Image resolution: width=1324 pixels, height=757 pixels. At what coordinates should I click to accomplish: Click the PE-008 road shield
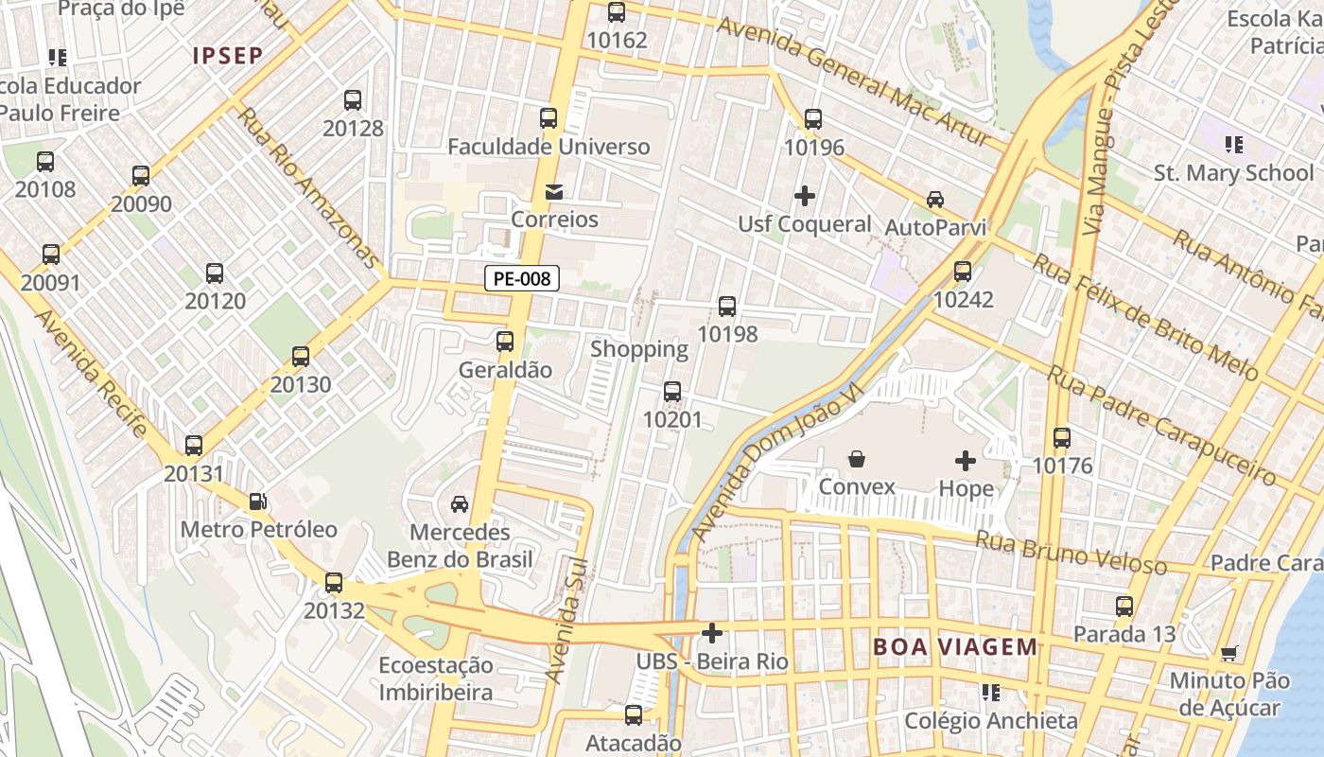coord(522,278)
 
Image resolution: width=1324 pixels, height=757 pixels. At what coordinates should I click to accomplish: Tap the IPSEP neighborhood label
coord(228,56)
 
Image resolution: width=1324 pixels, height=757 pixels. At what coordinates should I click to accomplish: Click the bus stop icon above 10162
coord(617,12)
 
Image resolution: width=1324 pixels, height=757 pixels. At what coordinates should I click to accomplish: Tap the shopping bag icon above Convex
coord(857,460)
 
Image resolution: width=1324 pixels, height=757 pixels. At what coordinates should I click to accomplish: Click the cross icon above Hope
coord(966,461)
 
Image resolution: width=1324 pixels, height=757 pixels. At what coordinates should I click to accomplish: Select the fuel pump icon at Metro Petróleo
coord(257,502)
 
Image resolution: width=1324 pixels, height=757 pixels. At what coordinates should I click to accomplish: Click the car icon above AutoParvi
coord(934,200)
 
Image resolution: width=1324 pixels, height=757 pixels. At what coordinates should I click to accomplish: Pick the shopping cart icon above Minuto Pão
coord(1228,653)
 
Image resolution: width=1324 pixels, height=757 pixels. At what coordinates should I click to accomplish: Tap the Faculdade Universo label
coord(549,147)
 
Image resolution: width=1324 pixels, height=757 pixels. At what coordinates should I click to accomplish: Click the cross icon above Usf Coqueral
coord(805,196)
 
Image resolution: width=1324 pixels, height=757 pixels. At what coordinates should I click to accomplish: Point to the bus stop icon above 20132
coord(334,583)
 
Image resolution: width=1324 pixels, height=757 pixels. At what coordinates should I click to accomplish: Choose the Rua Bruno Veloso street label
coord(1071,553)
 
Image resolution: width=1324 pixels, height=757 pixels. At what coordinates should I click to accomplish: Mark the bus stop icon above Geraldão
coord(505,342)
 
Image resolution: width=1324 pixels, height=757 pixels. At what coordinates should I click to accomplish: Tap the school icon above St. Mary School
coord(1233,145)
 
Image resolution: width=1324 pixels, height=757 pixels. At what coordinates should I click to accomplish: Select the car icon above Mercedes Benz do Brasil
coord(460,504)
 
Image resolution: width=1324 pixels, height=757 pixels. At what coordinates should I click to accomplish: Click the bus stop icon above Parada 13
coord(1124,607)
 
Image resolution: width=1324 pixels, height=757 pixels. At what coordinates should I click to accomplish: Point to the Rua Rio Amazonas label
coord(308,187)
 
